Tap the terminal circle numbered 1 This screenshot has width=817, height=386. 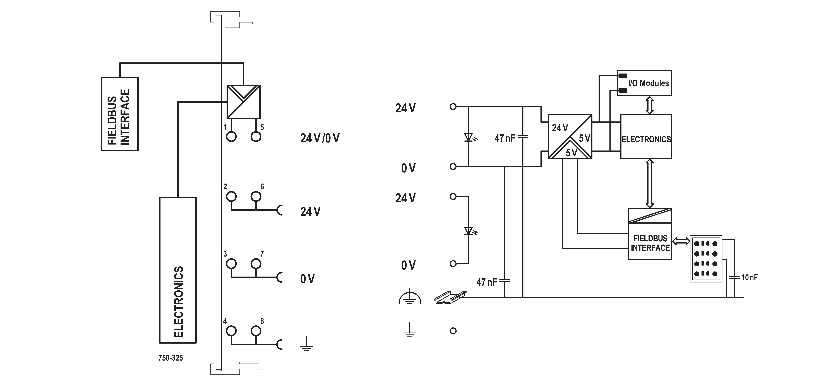pos(231,137)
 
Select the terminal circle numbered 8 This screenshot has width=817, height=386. pos(256,331)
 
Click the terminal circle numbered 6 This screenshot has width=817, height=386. pos(256,196)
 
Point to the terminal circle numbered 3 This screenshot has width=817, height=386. pos(231,264)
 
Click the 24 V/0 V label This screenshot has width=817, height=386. pos(320,138)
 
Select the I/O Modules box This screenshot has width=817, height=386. pos(644,83)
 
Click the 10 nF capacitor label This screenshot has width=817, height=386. pos(749,277)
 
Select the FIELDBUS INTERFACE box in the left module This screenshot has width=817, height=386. pos(120,114)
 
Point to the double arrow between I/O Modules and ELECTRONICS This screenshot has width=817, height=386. pos(650,105)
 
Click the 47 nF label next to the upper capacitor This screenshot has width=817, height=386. pos(505,138)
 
